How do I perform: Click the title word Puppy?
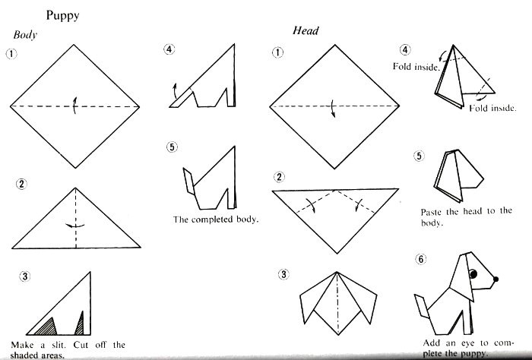[62, 16]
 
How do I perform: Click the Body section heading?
[25, 35]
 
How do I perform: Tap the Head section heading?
[306, 31]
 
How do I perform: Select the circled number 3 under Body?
[25, 276]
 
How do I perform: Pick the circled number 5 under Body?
[172, 147]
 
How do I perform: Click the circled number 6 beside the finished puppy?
[421, 259]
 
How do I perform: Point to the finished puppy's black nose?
[496, 279]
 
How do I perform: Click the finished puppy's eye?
[473, 273]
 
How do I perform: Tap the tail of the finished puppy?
[422, 306]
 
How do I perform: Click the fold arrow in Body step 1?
[75, 105]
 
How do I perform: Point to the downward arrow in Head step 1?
[333, 109]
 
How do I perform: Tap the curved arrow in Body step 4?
[175, 90]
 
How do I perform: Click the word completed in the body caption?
[212, 219]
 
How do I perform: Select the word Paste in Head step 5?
[431, 212]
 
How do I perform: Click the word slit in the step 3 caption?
[59, 345]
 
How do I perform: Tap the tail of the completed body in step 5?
[189, 182]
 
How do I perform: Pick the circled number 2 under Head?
[279, 177]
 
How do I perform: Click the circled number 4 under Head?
[405, 50]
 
